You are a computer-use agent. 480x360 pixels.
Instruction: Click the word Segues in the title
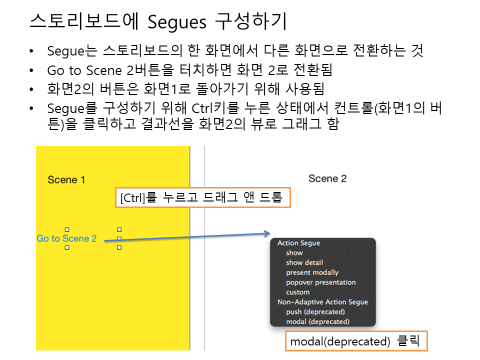pos(177,22)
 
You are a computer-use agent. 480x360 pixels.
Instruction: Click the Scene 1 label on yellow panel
pos(66,179)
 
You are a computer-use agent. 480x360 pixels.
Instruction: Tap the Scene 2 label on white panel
pos(327,178)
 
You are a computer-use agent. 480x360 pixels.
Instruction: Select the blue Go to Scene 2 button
pos(66,238)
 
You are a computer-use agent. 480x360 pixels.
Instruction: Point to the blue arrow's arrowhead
pos(267,233)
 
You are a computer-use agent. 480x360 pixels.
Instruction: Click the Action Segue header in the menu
pos(299,243)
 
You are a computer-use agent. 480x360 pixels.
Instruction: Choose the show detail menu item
pos(304,262)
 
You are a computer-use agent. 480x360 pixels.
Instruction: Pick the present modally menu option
pos(312,272)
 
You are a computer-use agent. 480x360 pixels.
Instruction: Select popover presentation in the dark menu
pos(321,282)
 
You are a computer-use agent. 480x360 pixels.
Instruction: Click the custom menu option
pos(297,292)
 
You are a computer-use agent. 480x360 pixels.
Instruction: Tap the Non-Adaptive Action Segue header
pos(322,302)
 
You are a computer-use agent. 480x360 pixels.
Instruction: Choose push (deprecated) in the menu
pos(315,312)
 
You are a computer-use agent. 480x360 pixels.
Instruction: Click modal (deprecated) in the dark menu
pos(318,321)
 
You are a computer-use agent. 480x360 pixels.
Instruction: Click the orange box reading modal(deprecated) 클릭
pos(356,341)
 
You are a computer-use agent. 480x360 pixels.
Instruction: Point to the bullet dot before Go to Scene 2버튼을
pos(31,70)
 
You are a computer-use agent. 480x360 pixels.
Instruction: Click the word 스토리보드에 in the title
pos(84,21)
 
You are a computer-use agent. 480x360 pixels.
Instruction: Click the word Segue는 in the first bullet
pos(72,51)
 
